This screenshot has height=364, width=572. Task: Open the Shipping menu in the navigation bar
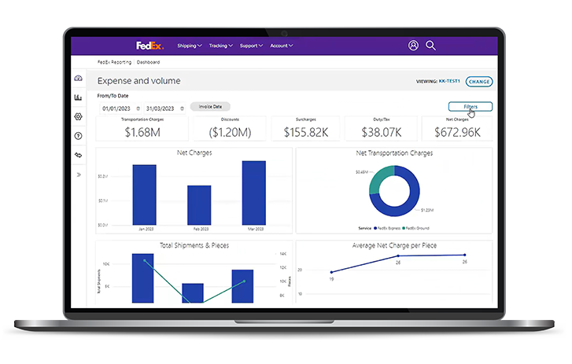(x=189, y=46)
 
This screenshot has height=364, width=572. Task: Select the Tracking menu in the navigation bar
(x=220, y=46)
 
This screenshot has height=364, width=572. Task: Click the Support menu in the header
(x=250, y=46)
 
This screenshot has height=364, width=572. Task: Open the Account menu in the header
(x=281, y=46)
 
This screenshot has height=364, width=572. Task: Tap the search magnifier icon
(x=430, y=46)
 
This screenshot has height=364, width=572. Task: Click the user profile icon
(x=413, y=46)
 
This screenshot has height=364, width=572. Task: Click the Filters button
(x=471, y=106)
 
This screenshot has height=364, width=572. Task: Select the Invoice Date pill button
(x=210, y=106)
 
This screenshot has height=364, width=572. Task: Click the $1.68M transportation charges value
(x=142, y=132)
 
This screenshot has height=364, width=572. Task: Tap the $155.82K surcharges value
(x=306, y=132)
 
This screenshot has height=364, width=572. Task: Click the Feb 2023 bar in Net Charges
(x=199, y=205)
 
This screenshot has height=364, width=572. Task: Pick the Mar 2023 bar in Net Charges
(x=253, y=193)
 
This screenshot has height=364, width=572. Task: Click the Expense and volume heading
(x=138, y=81)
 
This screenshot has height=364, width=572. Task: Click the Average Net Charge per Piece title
(x=394, y=246)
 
